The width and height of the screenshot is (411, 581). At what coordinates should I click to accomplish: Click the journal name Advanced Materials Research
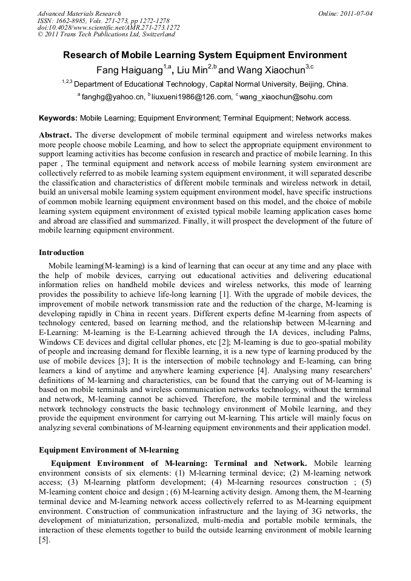pyautogui.click(x=79, y=13)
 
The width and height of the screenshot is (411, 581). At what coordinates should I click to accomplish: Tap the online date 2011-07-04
pyautogui.click(x=354, y=13)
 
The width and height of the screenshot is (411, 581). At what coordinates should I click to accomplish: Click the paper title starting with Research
pyautogui.click(x=205, y=55)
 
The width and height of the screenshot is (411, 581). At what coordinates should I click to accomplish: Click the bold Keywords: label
pyautogui.click(x=58, y=118)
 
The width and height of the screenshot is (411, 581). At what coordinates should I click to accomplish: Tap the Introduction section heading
pyautogui.click(x=61, y=252)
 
